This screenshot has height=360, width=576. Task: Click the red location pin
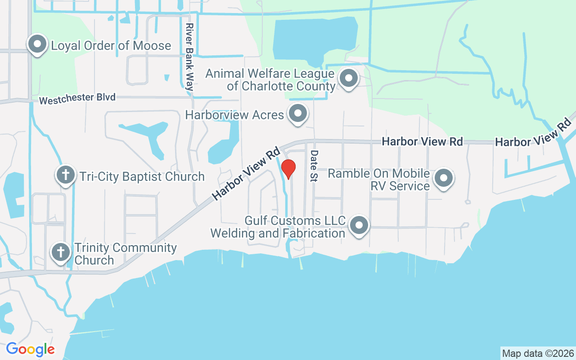tap(288, 169)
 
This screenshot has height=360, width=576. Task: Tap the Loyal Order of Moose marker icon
tap(38, 45)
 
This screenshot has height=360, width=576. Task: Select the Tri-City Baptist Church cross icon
tap(66, 175)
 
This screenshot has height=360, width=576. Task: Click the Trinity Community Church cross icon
tap(61, 252)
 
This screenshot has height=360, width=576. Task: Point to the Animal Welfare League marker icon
tap(348, 79)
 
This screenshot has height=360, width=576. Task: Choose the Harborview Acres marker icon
tap(297, 114)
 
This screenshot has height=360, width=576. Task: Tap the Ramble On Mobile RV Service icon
tap(444, 178)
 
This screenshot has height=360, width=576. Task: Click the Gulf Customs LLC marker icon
tap(359, 226)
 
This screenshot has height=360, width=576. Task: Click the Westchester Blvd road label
tap(77, 99)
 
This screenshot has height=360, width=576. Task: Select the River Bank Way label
tap(189, 57)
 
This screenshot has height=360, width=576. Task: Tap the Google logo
tap(30, 349)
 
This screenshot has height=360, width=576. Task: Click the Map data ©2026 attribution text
tap(538, 353)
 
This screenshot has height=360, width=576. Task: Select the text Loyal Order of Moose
tap(111, 45)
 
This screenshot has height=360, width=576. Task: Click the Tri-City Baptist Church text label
tap(142, 176)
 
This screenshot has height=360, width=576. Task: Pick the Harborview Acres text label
tap(234, 115)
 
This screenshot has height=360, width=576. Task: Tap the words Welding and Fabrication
tap(278, 233)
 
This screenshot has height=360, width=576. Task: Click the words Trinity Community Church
tap(125, 254)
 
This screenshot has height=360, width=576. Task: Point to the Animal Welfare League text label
tap(270, 80)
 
